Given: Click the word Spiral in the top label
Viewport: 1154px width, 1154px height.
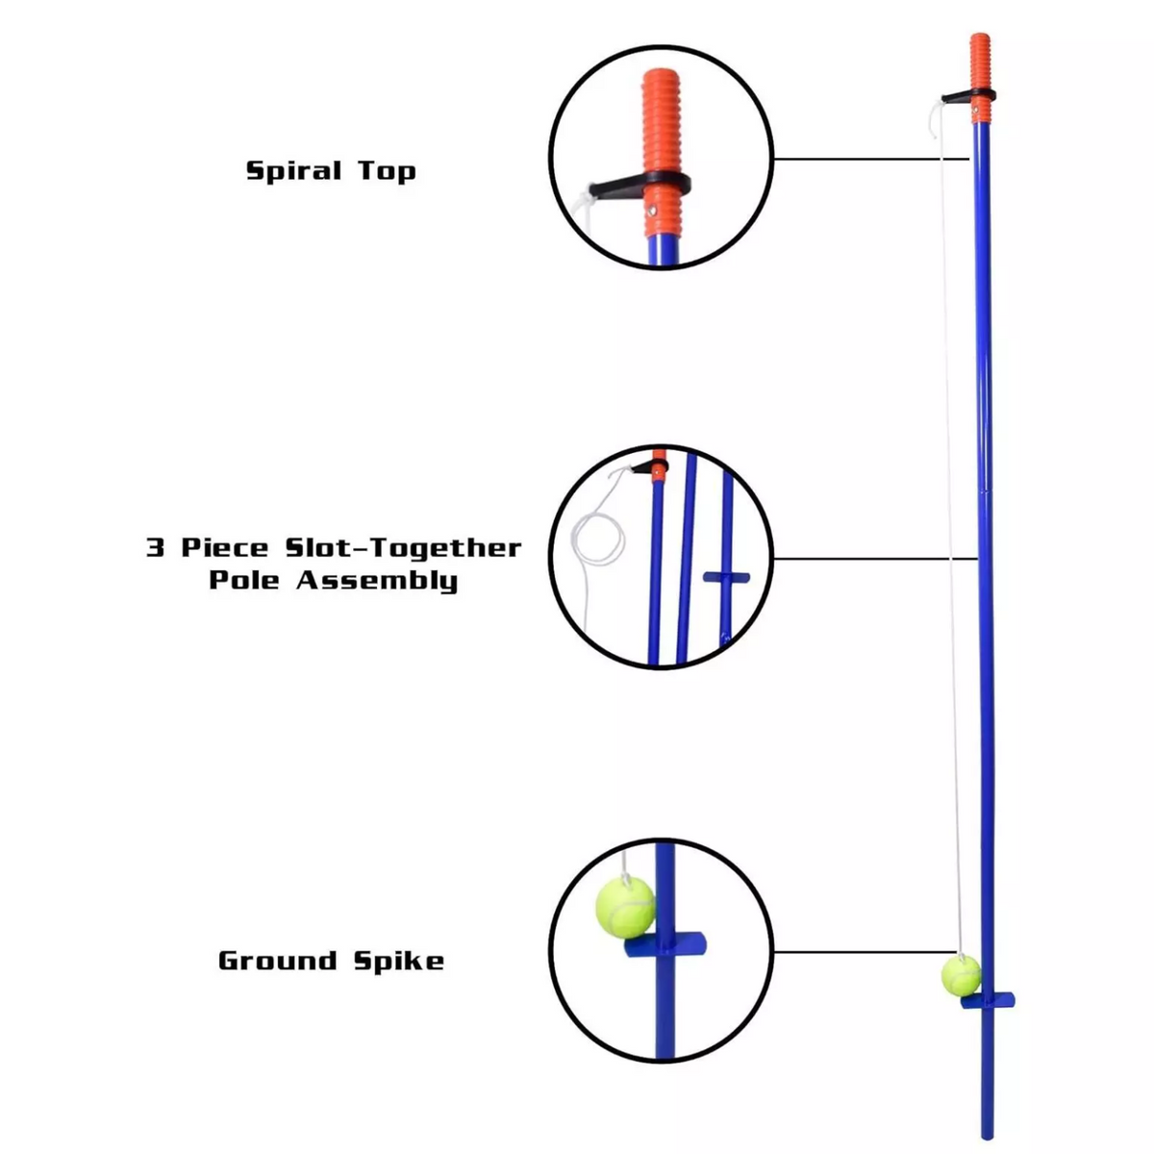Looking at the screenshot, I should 293,171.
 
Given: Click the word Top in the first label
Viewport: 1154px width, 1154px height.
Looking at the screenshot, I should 388,172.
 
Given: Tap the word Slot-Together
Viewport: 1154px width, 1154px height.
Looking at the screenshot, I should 403,548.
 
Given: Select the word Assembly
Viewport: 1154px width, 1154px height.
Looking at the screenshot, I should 377,581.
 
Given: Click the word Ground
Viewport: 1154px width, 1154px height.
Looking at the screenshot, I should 278,961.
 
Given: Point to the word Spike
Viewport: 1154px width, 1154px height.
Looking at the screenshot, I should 398,961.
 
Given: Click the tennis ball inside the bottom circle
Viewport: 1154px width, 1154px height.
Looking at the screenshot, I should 625,905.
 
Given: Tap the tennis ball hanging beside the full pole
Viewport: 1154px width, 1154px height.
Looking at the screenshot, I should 961,974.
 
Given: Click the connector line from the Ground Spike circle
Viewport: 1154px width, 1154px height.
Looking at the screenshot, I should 856,952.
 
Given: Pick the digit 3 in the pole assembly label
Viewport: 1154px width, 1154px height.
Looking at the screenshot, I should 155,548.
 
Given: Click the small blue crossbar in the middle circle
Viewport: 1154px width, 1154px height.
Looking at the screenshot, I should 726,577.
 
